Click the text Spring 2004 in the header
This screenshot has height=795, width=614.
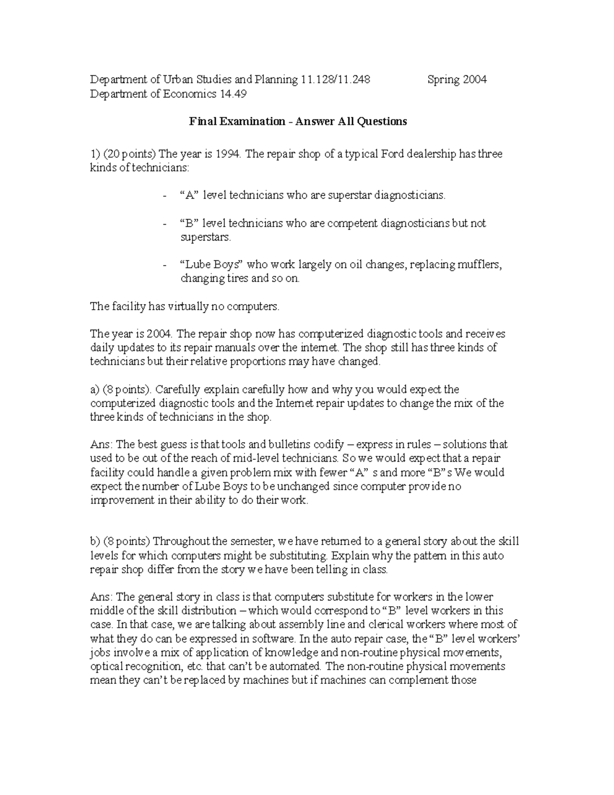(457, 79)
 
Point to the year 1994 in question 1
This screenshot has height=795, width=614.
(230, 154)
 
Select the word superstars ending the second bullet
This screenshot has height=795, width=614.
(206, 238)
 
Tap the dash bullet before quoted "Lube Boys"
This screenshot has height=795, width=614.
(164, 266)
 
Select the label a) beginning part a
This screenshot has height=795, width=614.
(95, 390)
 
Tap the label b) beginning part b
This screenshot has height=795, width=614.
(95, 542)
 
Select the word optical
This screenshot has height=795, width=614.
(107, 667)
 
